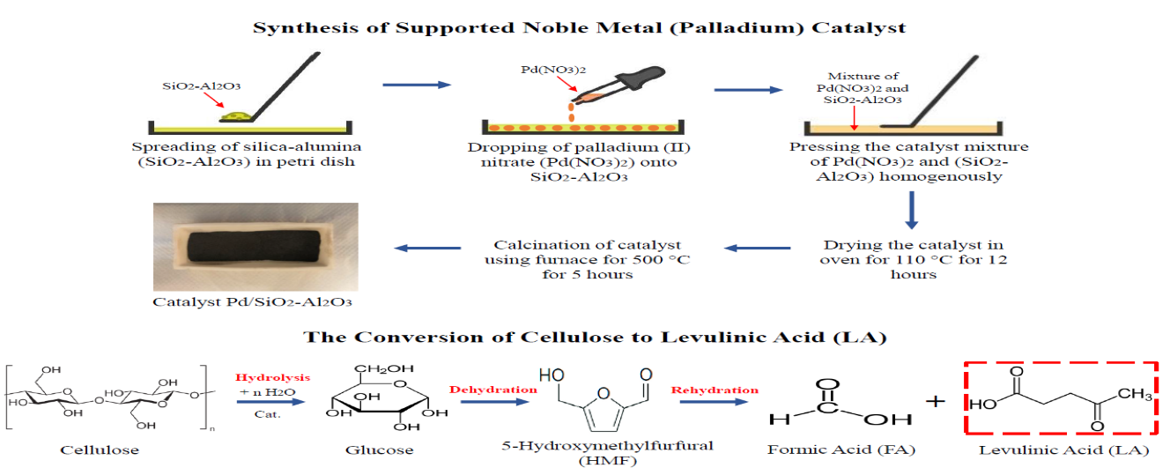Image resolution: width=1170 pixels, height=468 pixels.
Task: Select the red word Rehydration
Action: (x=715, y=389)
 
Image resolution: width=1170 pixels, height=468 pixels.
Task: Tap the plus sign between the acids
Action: (x=936, y=401)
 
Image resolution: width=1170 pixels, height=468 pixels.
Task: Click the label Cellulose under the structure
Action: (x=100, y=450)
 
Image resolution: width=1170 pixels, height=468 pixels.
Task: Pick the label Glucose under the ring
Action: (x=380, y=450)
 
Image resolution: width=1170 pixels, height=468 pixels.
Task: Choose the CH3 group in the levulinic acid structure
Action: (x=1137, y=397)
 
